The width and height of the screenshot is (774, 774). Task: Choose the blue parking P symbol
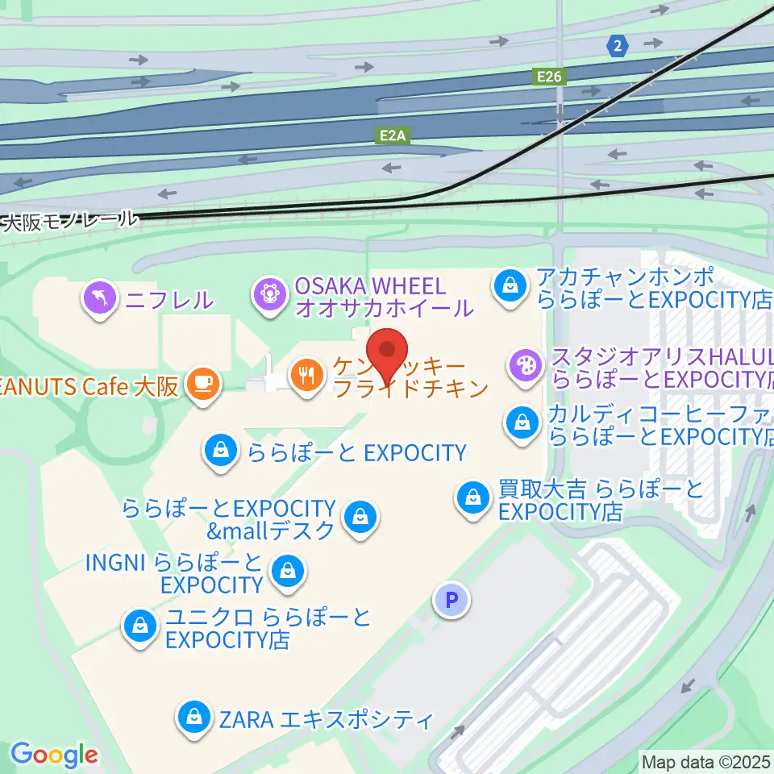click(451, 600)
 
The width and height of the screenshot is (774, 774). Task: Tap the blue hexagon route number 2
click(618, 46)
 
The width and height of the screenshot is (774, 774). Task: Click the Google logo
click(54, 754)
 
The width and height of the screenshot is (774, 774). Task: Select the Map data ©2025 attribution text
click(706, 760)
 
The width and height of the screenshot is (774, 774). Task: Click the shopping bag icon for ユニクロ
click(140, 625)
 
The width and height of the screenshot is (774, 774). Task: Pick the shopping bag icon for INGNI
click(285, 571)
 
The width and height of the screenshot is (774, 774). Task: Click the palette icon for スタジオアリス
click(524, 365)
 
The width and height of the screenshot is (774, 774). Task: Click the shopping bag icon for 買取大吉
click(472, 498)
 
